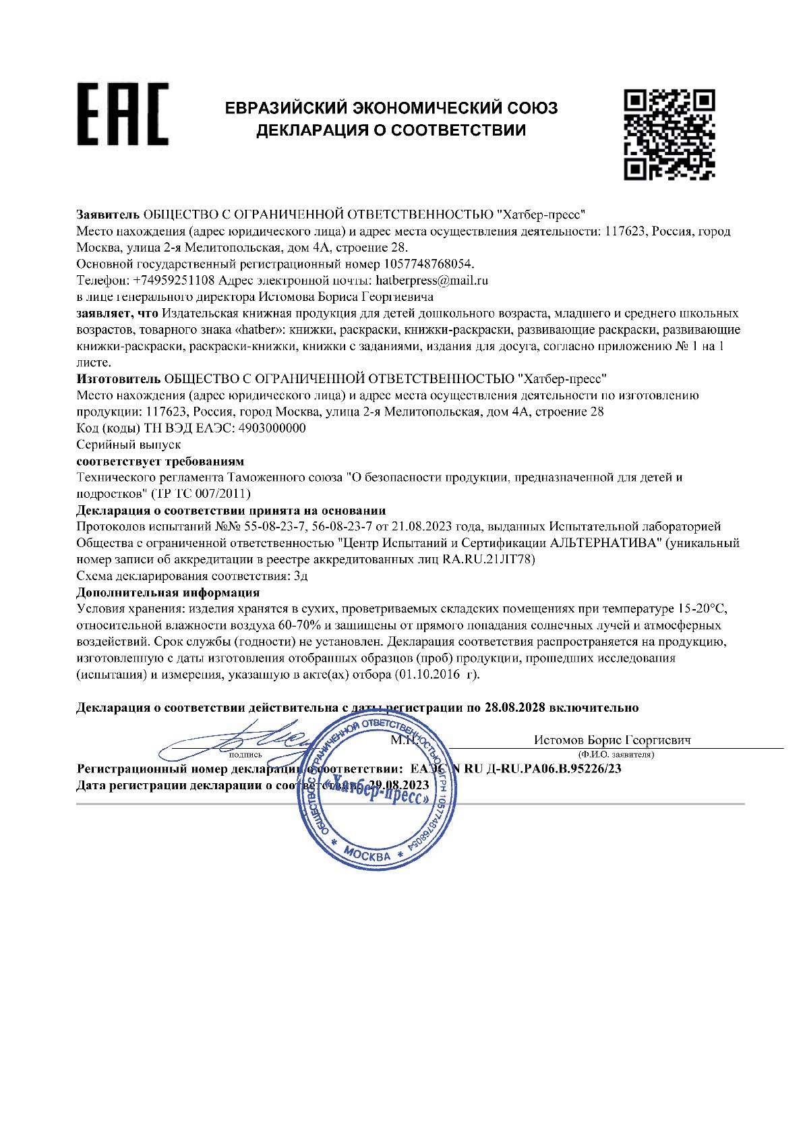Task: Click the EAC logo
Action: (122, 114)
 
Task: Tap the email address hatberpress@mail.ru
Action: (427, 280)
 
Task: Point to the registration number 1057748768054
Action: (428, 263)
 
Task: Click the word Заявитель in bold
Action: (107, 215)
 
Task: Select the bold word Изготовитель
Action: (118, 379)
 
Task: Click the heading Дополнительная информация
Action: (168, 592)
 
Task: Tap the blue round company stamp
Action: (376, 791)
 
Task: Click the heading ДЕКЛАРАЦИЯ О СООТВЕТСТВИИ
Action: (390, 130)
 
